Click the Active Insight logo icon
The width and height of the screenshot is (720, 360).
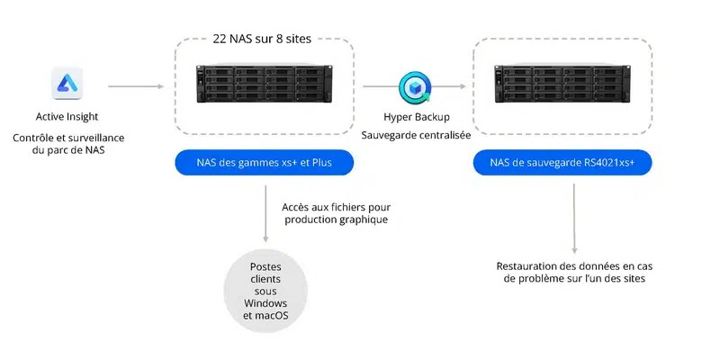[67, 86]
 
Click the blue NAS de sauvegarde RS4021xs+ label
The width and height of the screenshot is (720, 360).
[562, 162]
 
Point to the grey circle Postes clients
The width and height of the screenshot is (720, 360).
[265, 288]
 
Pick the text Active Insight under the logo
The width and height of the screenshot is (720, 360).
[67, 117]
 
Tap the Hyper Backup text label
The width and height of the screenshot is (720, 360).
[417, 117]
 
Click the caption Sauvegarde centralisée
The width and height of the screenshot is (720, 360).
[417, 135]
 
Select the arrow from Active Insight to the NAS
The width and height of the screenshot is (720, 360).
[135, 87]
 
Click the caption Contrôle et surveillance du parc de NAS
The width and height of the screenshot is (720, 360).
[68, 144]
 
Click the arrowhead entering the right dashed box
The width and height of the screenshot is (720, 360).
[463, 87]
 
